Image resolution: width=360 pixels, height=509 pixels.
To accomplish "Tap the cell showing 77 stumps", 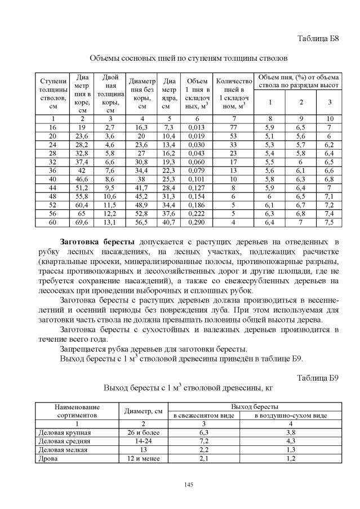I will coord(233,128).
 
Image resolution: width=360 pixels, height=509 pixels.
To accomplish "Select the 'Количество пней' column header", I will coord(233,93).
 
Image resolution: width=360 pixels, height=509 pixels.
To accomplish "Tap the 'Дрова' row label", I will coord(47,459).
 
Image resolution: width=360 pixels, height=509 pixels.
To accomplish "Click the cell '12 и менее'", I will coord(144,459).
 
